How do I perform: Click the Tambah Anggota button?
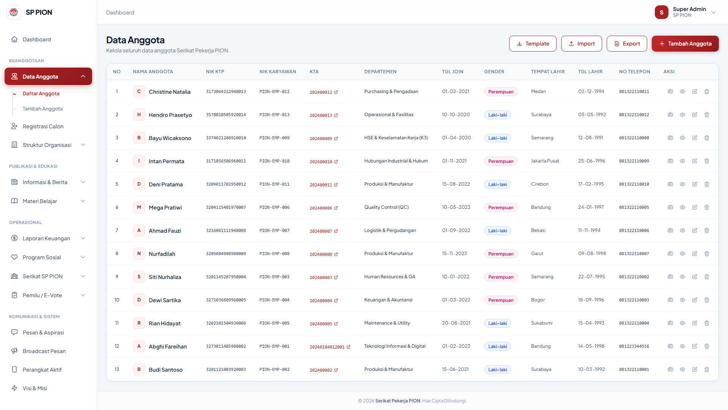coord(685,44)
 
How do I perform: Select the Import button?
coord(582,44)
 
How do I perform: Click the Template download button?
coord(533,44)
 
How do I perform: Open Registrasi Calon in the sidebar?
coord(43,126)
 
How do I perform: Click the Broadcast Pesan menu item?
coord(44,351)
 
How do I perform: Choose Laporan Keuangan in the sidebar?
coord(46,238)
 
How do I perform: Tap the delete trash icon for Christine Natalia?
coord(707,91)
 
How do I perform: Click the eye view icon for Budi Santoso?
coord(682,369)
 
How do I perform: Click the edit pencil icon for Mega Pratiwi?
coord(695,207)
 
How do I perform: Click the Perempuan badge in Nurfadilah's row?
coord(501,254)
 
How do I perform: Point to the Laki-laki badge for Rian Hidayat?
coord(497,323)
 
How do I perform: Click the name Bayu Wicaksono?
coord(170,138)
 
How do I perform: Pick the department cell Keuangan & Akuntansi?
coord(388,300)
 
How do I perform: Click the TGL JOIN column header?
coord(453,72)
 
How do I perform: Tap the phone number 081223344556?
coord(634,346)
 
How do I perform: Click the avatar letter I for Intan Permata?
coord(139,161)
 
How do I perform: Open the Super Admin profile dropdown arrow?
coord(714,12)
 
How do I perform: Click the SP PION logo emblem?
coord(14,12)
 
